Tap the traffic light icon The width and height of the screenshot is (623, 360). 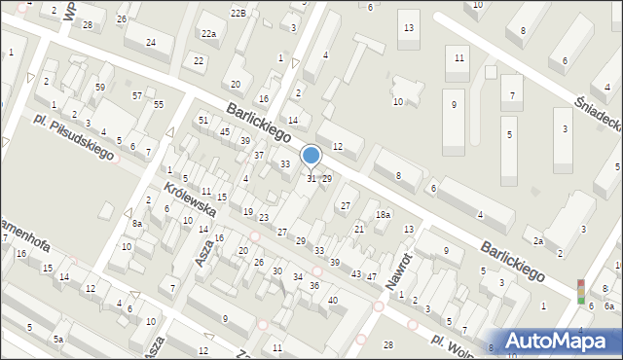point(581,291)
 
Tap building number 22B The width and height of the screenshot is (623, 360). point(238,13)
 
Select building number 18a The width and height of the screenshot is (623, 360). point(384,215)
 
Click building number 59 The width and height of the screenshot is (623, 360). point(100,88)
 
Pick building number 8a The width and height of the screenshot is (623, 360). point(137,223)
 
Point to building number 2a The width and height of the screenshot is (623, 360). point(538,240)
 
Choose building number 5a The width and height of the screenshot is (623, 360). point(58,339)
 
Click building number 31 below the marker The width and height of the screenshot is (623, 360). point(311,178)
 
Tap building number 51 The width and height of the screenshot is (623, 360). point(203,120)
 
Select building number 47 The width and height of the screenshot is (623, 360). point(372,276)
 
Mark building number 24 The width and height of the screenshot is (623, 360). point(151,42)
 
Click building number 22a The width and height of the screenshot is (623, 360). point(208,33)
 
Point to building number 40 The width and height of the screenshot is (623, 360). point(333,300)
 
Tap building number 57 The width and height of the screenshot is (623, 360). point(137,95)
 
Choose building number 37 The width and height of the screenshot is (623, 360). point(259,155)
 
